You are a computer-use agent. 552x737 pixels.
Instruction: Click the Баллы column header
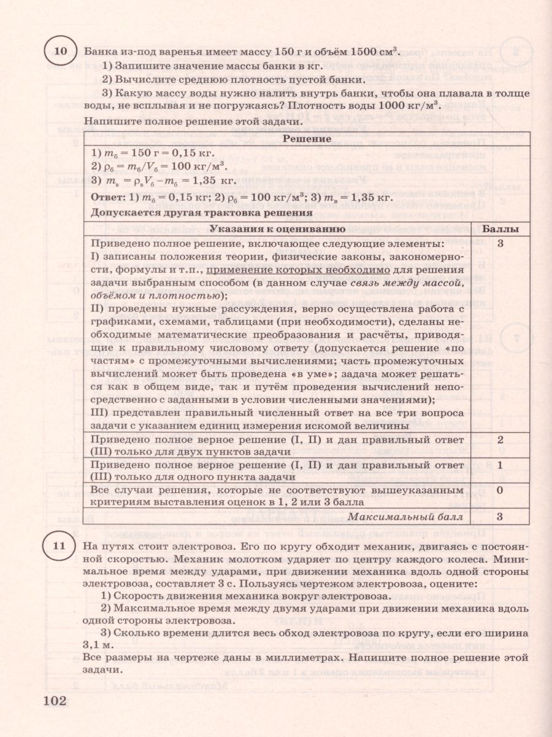[x=500, y=229]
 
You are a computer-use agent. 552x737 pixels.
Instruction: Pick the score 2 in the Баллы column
[x=500, y=440]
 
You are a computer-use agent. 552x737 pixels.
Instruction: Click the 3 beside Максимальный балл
[x=500, y=517]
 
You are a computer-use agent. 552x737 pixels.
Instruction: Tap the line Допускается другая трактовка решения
[x=199, y=214]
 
